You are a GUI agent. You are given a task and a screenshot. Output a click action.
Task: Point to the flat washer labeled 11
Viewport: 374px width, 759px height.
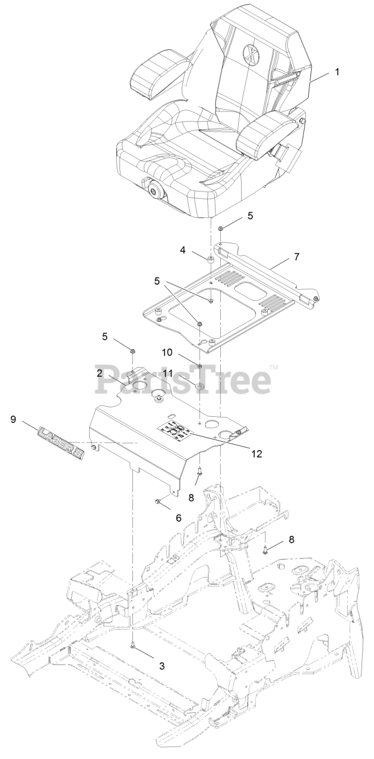tap(199, 387)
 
